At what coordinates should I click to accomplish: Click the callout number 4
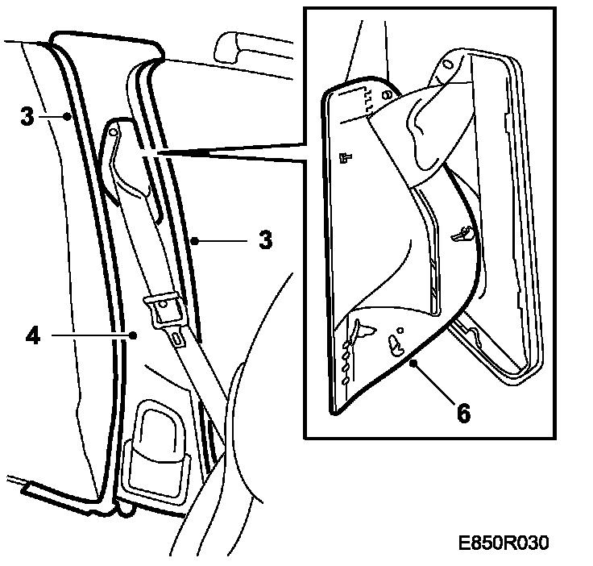(x=32, y=334)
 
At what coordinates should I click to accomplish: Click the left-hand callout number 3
(x=27, y=116)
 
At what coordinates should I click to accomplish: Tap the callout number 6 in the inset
(x=462, y=412)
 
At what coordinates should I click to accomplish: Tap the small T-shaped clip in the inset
(x=346, y=158)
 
